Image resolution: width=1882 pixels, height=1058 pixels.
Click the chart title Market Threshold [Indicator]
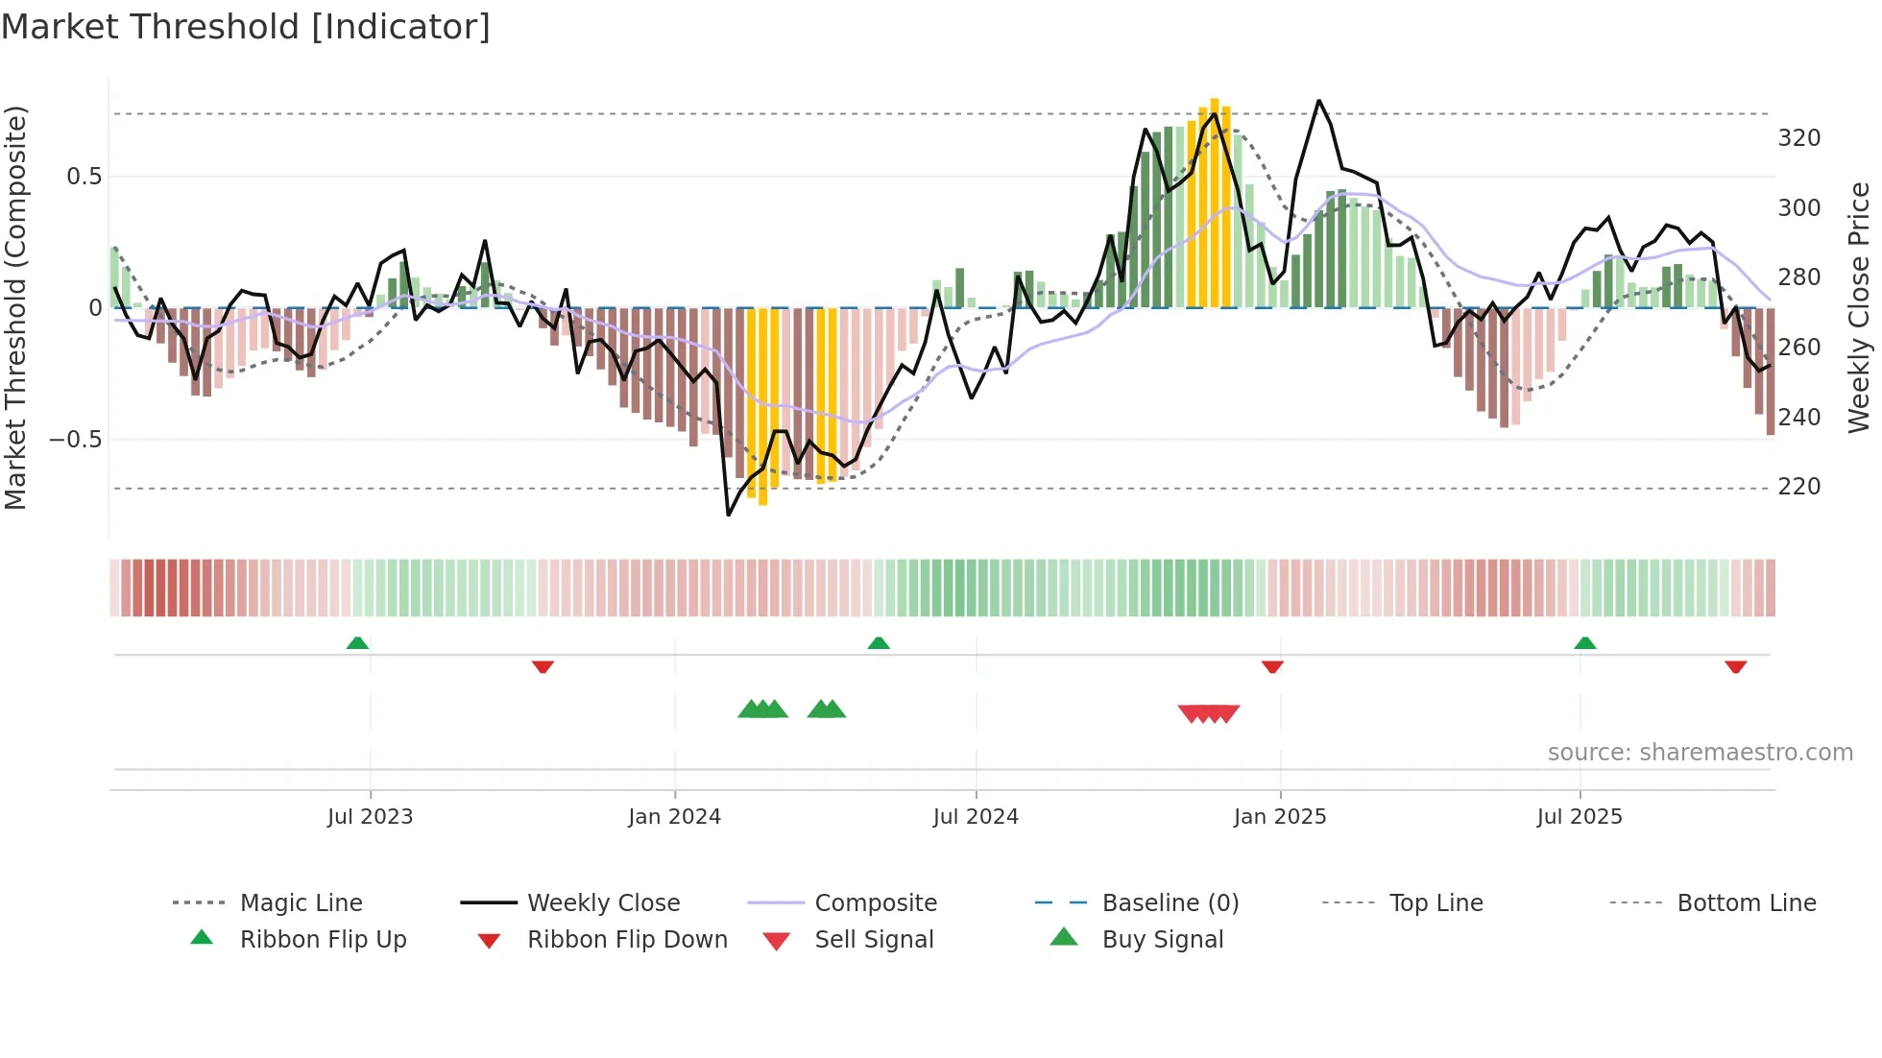coord(246,27)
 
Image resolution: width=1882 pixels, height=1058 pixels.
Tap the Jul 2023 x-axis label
coord(370,816)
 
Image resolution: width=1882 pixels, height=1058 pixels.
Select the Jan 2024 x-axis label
coord(674,816)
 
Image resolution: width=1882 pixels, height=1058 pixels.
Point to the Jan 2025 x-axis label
coord(1279,816)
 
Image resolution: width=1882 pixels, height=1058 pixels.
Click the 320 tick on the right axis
coord(1798,138)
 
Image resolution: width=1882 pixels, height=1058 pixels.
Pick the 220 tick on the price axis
coord(1798,487)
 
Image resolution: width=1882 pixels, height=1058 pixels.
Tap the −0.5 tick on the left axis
coord(75,440)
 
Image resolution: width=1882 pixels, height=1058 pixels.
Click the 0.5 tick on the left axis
coord(84,177)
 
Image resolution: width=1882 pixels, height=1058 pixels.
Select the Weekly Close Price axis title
coord(1859,307)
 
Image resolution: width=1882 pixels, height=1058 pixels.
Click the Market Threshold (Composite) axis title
coord(15,307)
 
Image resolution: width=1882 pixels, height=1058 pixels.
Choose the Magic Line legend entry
coord(301,903)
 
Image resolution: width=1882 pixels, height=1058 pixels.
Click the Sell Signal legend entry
coord(873,940)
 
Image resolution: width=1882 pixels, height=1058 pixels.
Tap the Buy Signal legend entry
coord(1162,940)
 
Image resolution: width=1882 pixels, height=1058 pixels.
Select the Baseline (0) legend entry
coord(1170,903)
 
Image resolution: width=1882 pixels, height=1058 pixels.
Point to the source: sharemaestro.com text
coord(1700,753)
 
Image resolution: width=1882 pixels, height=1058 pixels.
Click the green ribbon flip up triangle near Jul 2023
coord(357,642)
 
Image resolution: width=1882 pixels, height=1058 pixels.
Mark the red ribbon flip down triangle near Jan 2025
coord(1272,666)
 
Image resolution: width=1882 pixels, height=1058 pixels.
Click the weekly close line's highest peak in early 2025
coord(1318,101)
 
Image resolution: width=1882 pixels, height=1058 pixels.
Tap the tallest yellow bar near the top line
coord(1215,202)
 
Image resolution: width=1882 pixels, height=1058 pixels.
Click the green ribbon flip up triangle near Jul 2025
coord(1585,642)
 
